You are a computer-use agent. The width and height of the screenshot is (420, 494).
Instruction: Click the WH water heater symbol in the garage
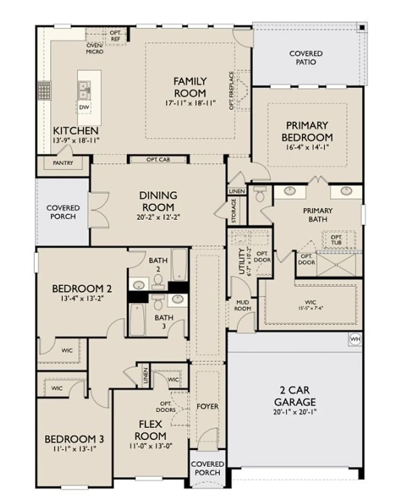(x=355, y=339)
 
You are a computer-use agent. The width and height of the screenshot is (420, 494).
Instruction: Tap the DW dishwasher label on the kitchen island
(x=84, y=107)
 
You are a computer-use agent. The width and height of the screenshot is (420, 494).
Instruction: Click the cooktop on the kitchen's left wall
(x=44, y=91)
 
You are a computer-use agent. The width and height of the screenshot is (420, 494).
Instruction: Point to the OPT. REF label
(x=115, y=36)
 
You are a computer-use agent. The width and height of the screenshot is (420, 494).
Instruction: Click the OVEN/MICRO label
(x=95, y=49)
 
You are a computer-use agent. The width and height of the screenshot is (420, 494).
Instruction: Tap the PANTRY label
(x=63, y=163)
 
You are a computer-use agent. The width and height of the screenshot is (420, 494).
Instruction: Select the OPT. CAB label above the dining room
(x=158, y=160)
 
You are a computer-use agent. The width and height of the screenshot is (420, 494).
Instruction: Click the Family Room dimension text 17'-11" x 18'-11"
(x=190, y=103)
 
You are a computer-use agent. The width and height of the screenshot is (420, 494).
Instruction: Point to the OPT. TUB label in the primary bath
(x=336, y=240)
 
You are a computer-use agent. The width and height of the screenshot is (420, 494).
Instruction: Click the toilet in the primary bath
(x=260, y=194)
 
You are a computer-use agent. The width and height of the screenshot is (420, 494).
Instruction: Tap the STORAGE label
(x=234, y=211)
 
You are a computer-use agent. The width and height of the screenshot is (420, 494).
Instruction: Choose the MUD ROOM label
(x=243, y=306)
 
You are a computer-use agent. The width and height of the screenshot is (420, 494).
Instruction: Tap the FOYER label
(x=207, y=406)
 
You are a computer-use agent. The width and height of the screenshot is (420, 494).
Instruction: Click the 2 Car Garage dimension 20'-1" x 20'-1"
(x=295, y=412)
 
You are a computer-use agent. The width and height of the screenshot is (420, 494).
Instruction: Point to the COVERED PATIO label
(x=306, y=58)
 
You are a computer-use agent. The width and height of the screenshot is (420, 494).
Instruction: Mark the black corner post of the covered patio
(x=362, y=27)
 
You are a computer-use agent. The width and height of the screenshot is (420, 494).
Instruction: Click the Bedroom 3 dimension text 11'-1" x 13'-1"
(x=74, y=449)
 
